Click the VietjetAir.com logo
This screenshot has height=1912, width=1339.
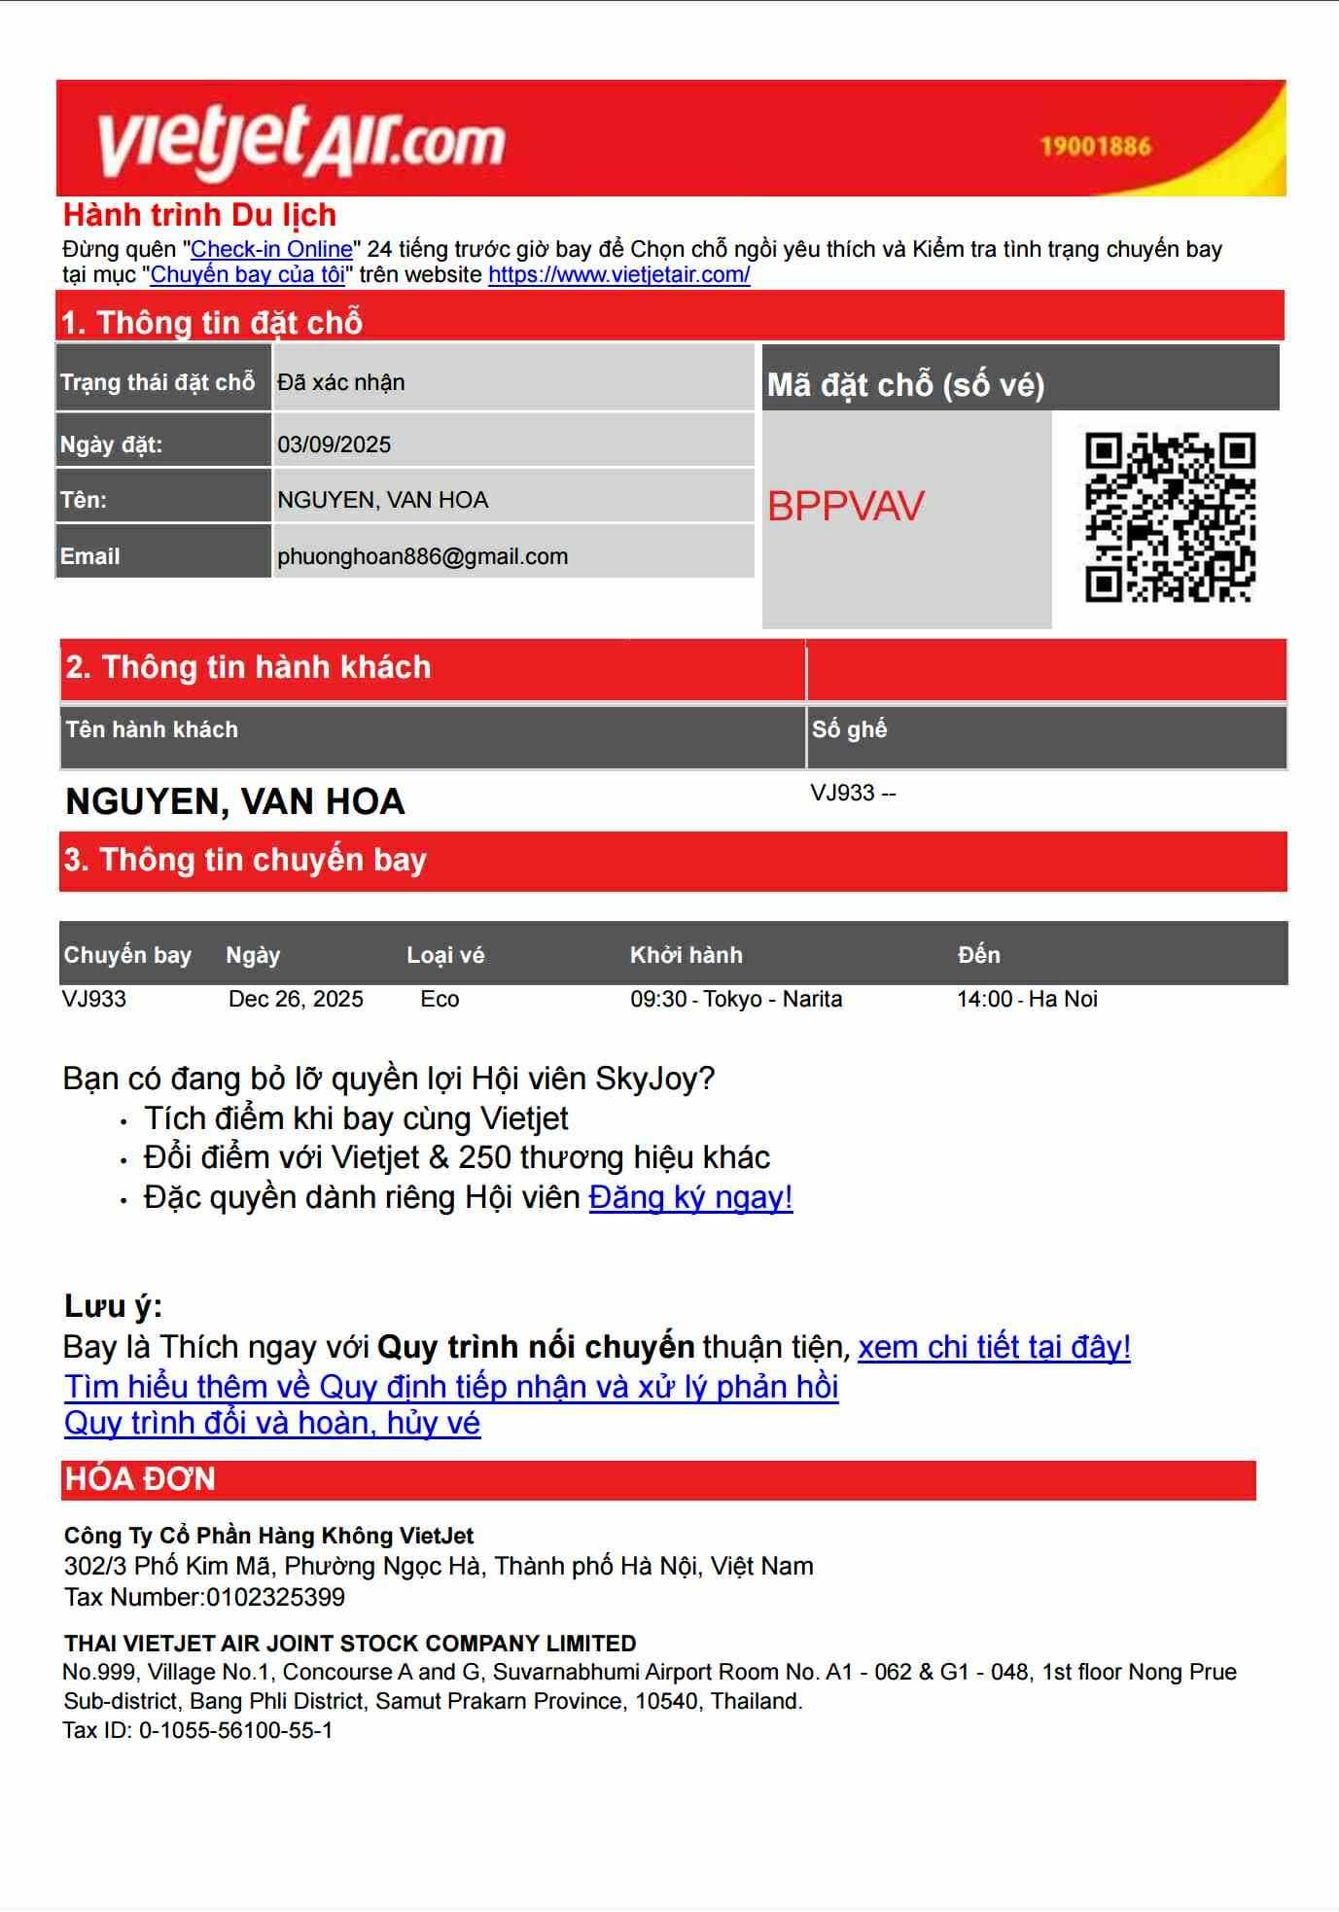pos(301,142)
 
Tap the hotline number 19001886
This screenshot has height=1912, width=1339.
pos(1095,147)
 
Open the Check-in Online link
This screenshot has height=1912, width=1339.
pos(271,249)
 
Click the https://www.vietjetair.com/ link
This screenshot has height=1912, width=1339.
pos(618,274)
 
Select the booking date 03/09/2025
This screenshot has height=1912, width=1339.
pos(334,444)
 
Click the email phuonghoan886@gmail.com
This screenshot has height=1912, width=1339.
pos(422,556)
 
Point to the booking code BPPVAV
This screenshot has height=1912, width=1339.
pos(845,506)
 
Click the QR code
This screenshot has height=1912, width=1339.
pos(1170,517)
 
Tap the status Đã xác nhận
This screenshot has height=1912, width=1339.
pos(340,382)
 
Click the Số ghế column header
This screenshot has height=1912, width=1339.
pos(849,729)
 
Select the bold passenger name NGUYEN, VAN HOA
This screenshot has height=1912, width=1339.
pos(234,801)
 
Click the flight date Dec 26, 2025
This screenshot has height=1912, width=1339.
pos(296,999)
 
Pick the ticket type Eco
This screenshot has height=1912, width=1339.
pos(440,999)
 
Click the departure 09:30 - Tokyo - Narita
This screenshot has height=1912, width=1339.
pos(736,999)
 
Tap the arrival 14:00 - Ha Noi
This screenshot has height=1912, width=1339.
pos(1027,999)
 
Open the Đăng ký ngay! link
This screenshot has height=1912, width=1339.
pos(690,1197)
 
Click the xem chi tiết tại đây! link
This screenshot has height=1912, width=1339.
pos(994,1347)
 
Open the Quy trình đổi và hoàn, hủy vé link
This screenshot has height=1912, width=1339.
pos(272,1423)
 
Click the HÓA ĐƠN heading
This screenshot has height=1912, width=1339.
pos(140,1479)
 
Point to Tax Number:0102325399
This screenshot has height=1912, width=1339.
pos(204,1597)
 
